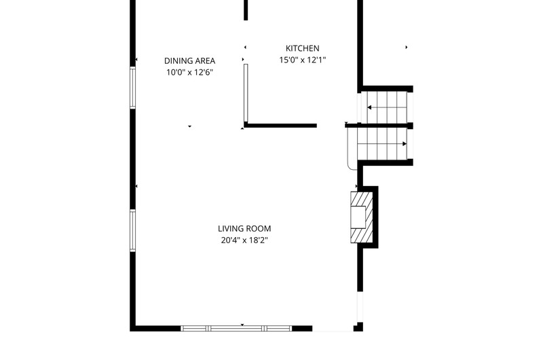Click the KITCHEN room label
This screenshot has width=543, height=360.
(302, 48)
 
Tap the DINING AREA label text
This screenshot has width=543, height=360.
(189, 60)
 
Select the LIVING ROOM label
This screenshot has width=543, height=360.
(244, 228)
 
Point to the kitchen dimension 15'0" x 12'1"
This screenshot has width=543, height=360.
(302, 60)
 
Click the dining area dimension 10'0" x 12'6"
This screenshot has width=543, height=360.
(189, 73)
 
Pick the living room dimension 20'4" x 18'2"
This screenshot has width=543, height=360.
(244, 240)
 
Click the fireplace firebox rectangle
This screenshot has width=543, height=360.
(358, 217)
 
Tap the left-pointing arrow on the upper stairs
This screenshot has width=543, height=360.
(387, 107)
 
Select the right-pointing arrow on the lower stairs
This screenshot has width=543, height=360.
(382, 144)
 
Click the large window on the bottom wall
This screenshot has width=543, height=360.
(236, 329)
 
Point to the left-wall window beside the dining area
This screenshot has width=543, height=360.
(132, 88)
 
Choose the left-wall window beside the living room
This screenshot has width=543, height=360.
(132, 230)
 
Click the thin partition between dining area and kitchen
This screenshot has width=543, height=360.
(246, 93)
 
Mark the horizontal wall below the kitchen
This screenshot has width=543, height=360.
(280, 126)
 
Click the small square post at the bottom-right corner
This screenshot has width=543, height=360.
(358, 327)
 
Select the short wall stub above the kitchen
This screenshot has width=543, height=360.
(246, 10)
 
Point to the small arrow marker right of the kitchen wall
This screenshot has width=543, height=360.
(406, 47)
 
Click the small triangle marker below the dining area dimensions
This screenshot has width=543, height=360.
(189, 126)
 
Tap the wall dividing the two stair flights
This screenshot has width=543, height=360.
(379, 126)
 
